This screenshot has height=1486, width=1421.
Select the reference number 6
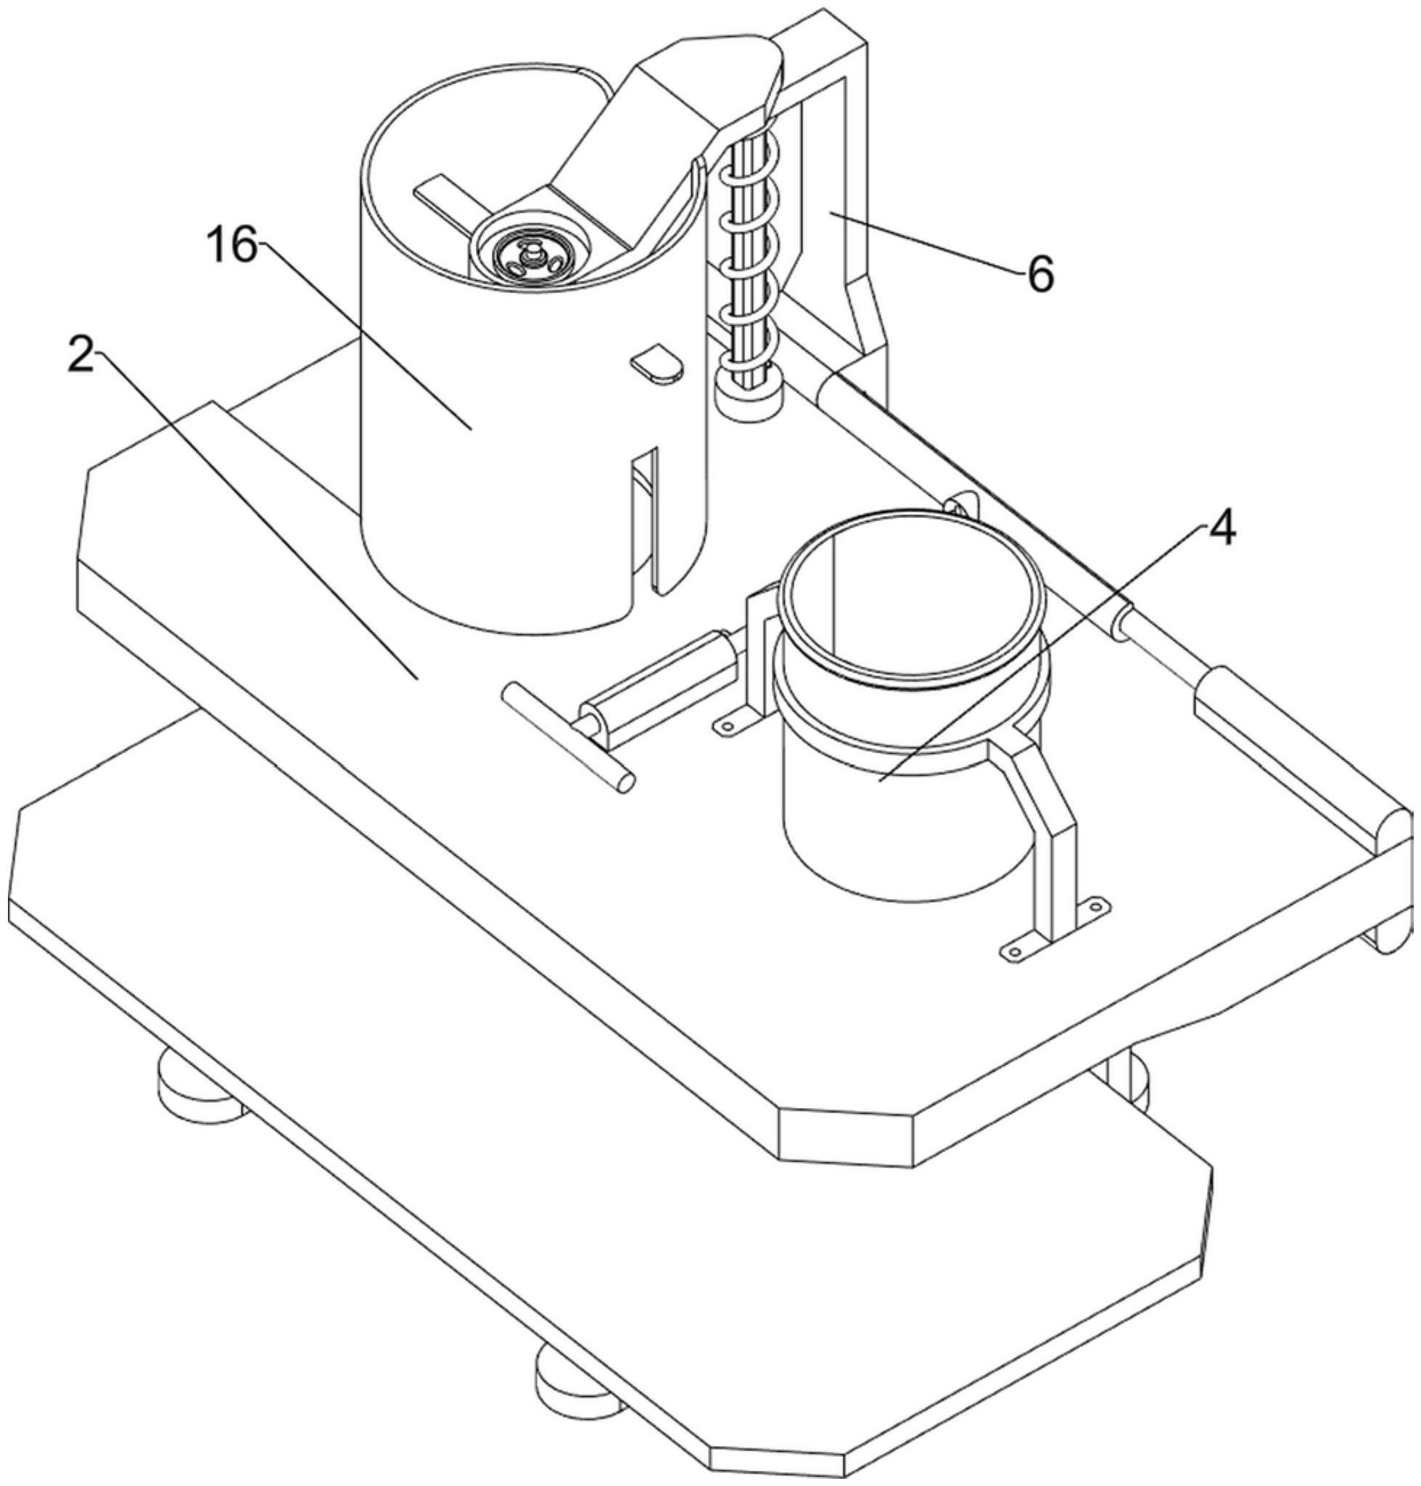(x=1040, y=274)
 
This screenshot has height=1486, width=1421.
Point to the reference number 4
(x=1220, y=529)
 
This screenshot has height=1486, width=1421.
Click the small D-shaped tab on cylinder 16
(x=657, y=362)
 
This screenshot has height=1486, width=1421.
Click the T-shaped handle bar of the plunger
(x=568, y=735)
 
